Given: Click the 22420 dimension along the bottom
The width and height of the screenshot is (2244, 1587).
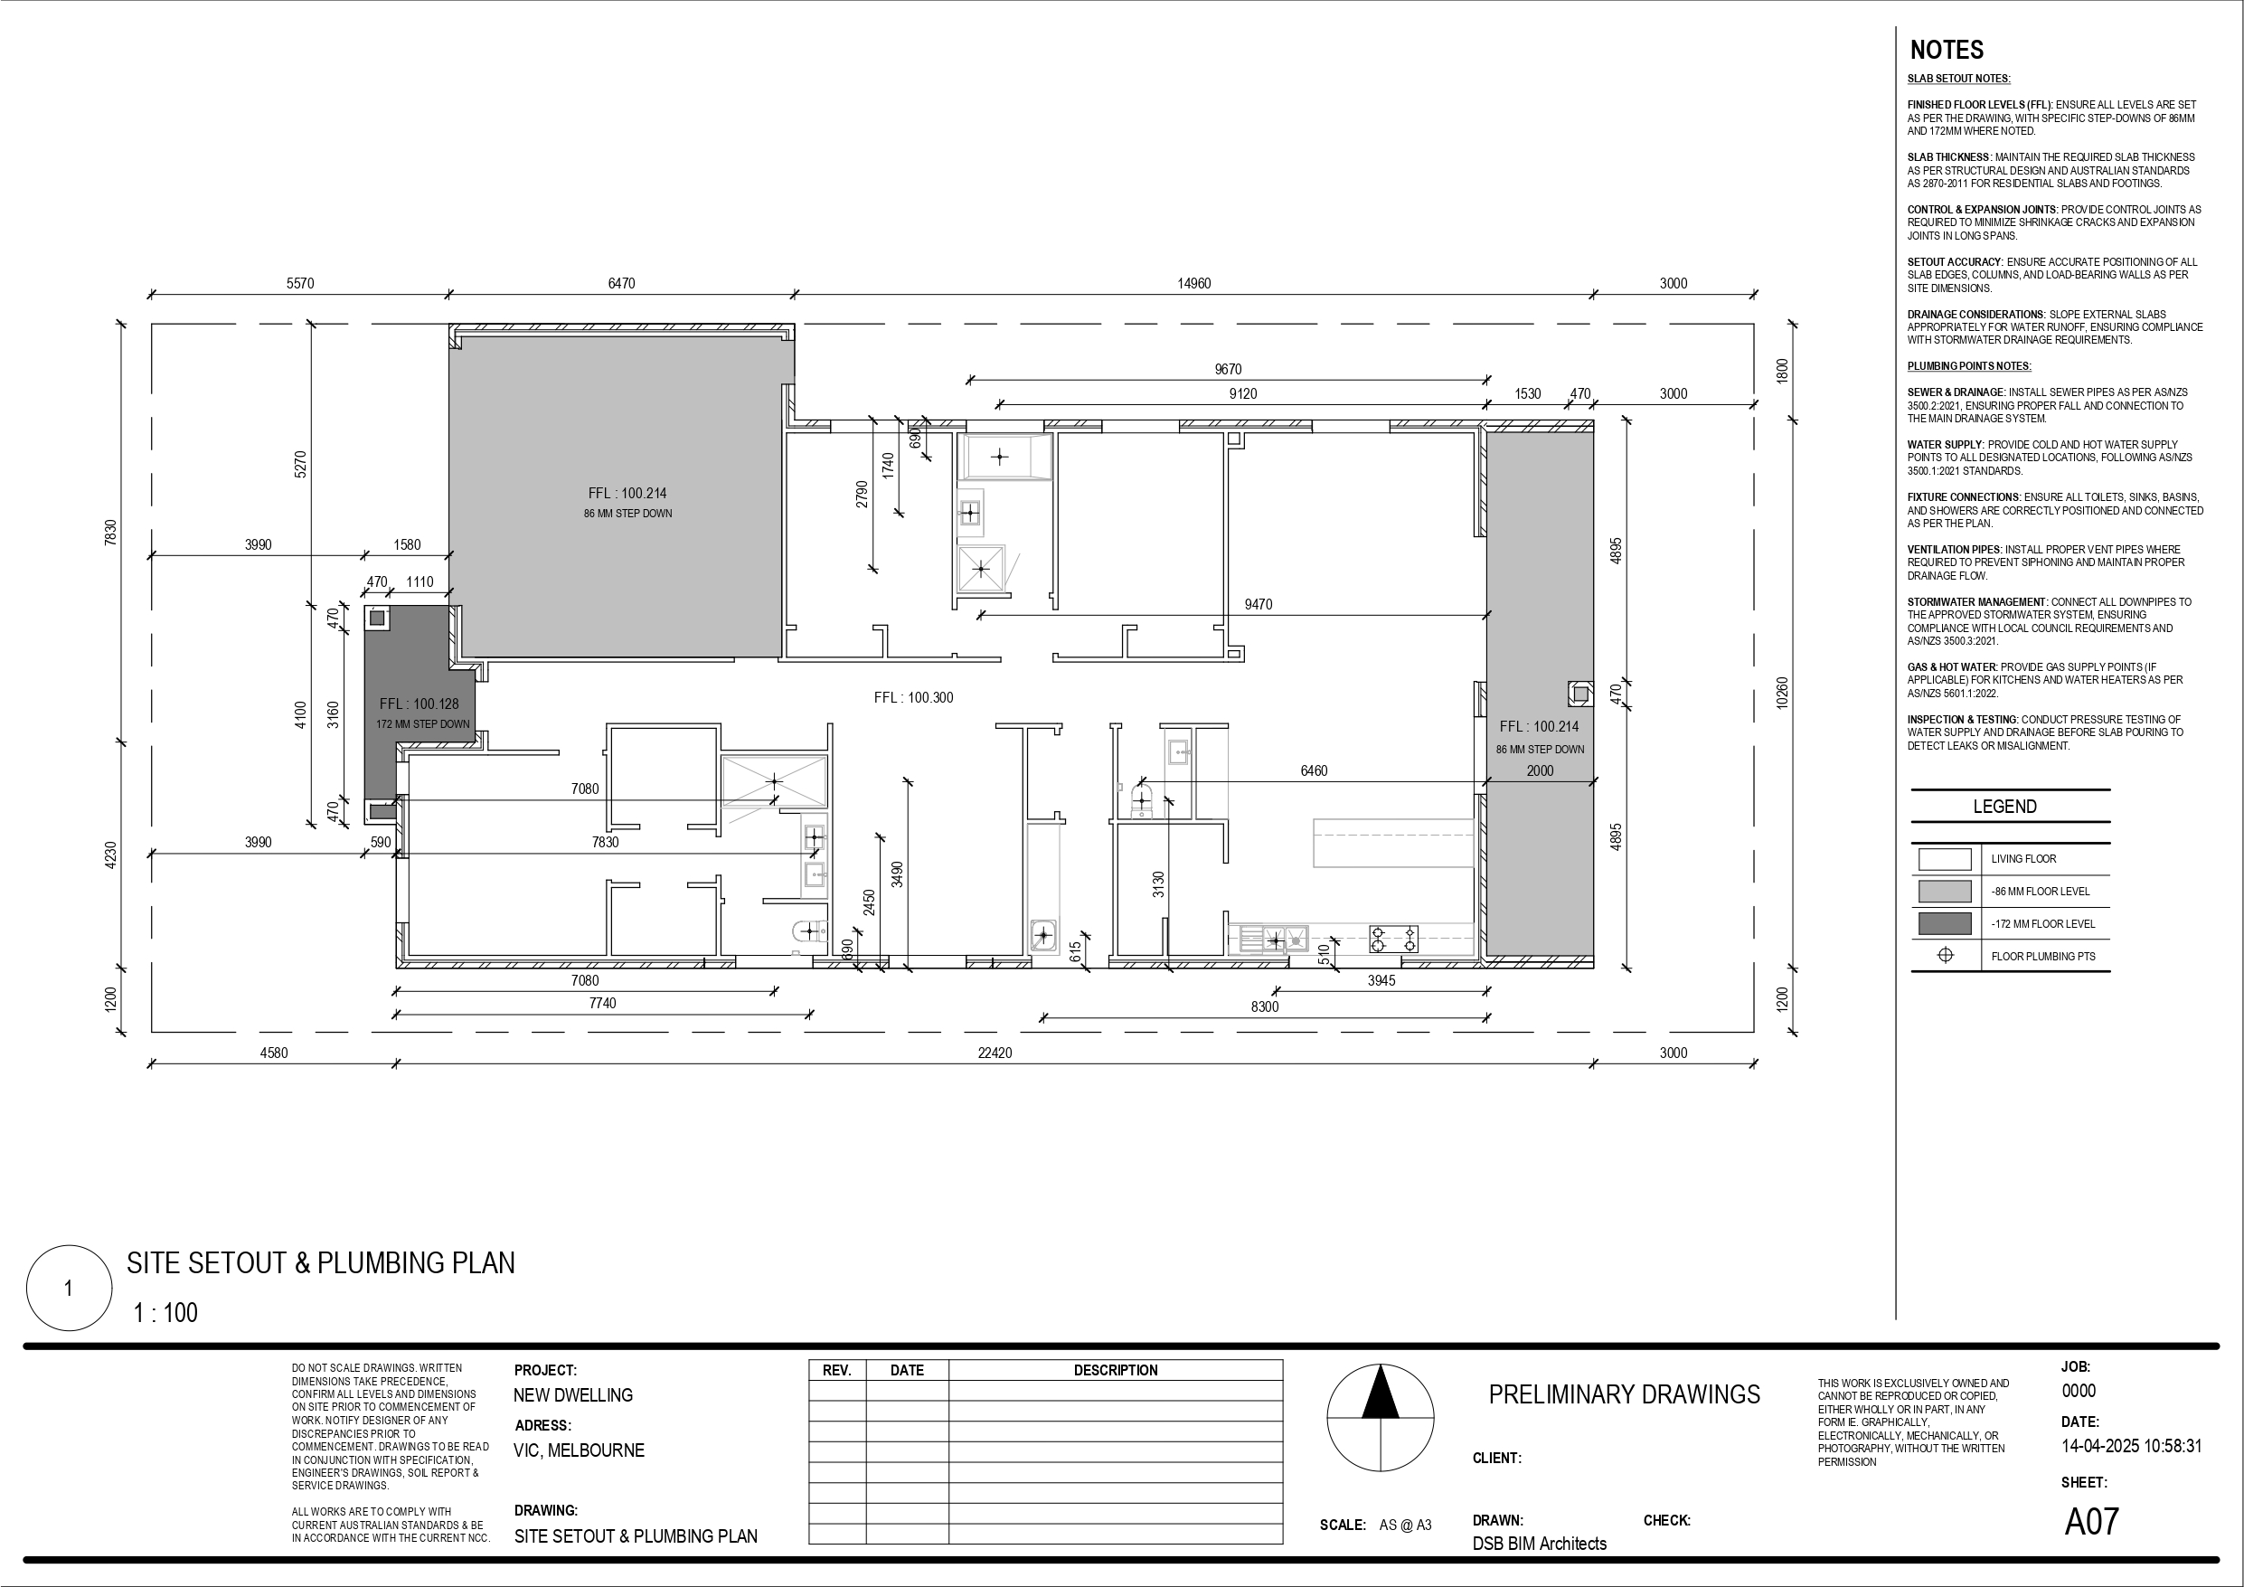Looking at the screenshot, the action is [x=995, y=1053].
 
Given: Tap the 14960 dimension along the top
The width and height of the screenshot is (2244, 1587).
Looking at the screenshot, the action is [x=1193, y=284].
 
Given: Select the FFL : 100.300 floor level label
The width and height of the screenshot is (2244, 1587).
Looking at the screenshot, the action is [x=913, y=697].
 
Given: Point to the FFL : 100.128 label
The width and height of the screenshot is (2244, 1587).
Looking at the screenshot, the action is [x=419, y=704].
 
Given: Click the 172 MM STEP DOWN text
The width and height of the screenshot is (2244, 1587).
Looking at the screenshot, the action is [x=423, y=724].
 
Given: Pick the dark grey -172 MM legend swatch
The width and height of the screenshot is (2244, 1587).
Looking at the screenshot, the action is [x=1945, y=923].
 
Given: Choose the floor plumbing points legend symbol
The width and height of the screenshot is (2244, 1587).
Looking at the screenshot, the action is [x=1945, y=955].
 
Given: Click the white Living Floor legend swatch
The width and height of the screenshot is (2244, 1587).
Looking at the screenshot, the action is [x=1945, y=858].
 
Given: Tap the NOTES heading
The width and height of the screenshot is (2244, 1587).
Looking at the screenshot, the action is [x=1946, y=50].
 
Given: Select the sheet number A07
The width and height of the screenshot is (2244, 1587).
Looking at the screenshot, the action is [x=2091, y=1522].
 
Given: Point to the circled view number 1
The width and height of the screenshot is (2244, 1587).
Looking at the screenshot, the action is [x=69, y=1288].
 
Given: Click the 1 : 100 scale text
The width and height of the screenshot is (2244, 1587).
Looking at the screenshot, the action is [x=165, y=1312].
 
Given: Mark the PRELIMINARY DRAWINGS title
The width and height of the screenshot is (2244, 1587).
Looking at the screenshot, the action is [x=1624, y=1394].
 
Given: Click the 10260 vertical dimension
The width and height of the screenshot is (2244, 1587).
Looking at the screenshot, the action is [x=1782, y=694].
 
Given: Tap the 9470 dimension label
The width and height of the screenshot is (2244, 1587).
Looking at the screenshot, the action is [x=1258, y=604].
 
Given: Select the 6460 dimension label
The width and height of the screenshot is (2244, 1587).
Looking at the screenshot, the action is [x=1314, y=770].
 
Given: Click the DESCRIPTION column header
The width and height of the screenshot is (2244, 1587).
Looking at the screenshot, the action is [x=1115, y=1371].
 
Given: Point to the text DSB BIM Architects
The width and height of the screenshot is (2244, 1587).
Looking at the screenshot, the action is [x=1540, y=1543].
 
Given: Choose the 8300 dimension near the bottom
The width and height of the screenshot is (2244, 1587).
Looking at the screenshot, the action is [x=1265, y=1006].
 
